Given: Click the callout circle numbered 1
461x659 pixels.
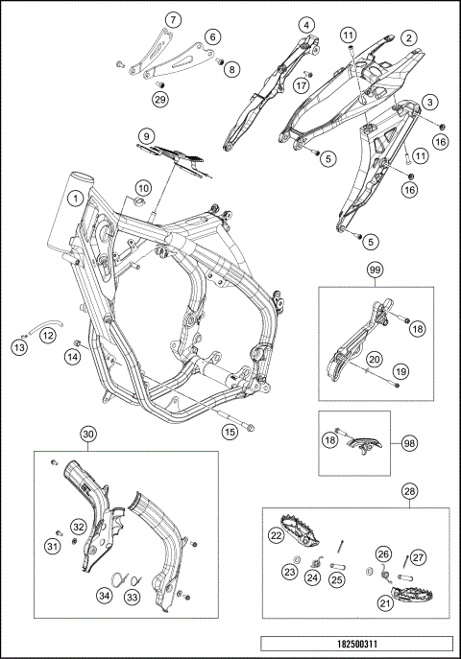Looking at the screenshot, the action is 76,198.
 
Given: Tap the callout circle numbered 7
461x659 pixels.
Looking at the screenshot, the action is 173,19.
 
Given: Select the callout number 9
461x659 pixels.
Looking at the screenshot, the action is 146,136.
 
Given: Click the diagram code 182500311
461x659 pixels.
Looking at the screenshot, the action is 356,644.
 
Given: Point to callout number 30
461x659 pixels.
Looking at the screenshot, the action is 88,434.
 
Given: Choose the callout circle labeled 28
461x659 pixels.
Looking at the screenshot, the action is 410,491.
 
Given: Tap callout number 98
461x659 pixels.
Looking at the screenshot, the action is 410,443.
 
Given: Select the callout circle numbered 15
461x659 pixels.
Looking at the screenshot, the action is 230,432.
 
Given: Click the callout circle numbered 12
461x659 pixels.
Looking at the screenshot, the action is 48,336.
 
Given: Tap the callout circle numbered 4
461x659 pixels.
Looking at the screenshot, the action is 306,25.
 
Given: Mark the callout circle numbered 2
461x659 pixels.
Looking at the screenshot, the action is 408,38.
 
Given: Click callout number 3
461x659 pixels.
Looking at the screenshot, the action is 429,102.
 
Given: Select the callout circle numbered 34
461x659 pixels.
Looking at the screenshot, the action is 105,596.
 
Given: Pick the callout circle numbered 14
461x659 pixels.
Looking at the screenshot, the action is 72,357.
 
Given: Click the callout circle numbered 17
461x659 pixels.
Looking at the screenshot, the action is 302,86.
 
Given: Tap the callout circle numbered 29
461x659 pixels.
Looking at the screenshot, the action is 160,99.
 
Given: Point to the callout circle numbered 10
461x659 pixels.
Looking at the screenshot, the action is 143,188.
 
